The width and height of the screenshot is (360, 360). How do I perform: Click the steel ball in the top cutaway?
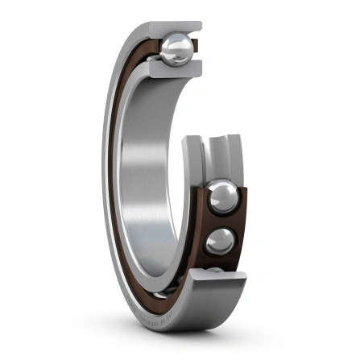pos(176,50)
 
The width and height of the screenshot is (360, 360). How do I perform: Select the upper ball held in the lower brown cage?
pos(222,197)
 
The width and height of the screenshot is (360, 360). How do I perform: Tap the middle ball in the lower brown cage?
pos(220,239)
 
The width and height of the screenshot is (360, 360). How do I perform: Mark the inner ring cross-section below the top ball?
pos(173,71)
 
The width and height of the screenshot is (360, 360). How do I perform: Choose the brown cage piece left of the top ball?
pos(155,50)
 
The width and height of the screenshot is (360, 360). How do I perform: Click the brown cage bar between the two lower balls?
pos(223,220)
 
